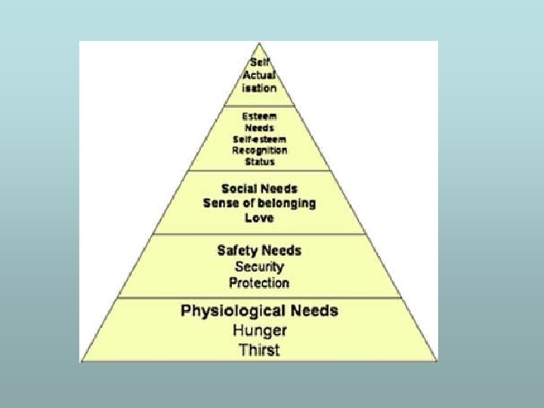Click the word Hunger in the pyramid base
point(259,330)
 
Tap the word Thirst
point(259,349)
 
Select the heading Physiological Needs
point(259,311)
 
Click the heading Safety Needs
point(259,250)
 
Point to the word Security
point(259,267)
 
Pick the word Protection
point(259,283)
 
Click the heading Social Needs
point(259,188)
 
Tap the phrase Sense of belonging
point(259,203)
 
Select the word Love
point(259,218)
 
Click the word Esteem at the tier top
point(259,117)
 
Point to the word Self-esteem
point(259,139)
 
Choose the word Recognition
point(259,150)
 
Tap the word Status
point(259,162)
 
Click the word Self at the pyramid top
point(259,63)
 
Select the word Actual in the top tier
point(259,75)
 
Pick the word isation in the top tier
point(259,88)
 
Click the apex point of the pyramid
point(259,44)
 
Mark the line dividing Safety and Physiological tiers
point(259,297)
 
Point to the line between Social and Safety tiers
point(259,234)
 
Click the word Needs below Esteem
point(259,128)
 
